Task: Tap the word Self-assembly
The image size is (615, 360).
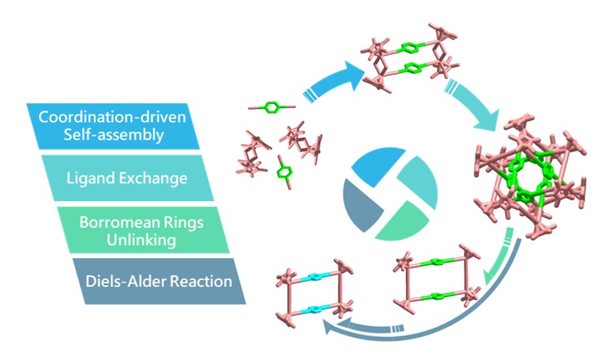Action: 112,134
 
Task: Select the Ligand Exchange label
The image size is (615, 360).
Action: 127,179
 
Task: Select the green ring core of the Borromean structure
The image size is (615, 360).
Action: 527,179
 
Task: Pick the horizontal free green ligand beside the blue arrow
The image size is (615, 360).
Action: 272,108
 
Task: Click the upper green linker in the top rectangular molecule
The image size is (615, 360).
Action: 408,48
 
